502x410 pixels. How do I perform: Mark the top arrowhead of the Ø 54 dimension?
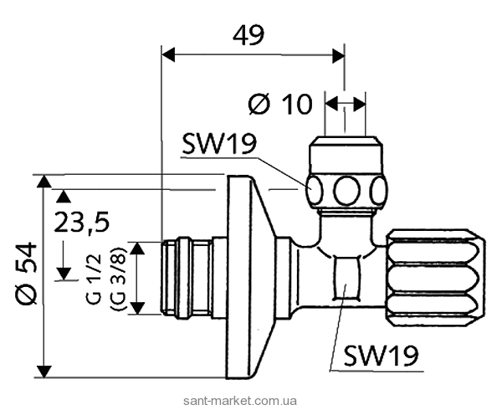point(44,182)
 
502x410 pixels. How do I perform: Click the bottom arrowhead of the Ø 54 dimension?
point(44,369)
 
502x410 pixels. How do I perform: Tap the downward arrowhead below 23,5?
point(61,274)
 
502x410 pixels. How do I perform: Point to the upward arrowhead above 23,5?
point(61,197)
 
